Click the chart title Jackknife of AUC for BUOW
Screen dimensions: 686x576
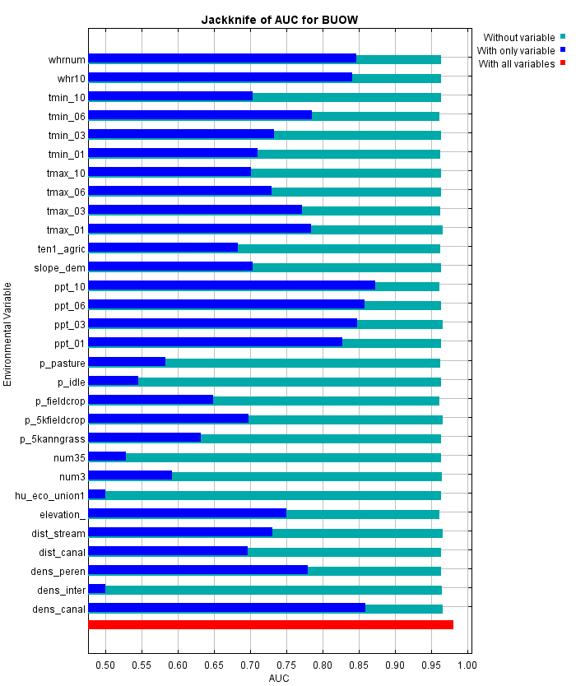(x=280, y=19)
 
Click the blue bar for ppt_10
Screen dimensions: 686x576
(x=231, y=285)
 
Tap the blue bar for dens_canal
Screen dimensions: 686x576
(x=226, y=608)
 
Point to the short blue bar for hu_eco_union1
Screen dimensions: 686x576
(x=97, y=494)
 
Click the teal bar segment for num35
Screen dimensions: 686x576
(x=283, y=457)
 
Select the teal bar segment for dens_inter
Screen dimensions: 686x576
(x=273, y=589)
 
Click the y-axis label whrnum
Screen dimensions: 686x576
(x=67, y=59)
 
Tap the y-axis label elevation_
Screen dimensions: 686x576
(x=62, y=514)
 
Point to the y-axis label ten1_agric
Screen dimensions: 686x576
(x=62, y=248)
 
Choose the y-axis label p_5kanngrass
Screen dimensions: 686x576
(x=53, y=438)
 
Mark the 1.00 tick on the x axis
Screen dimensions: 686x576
(x=467, y=665)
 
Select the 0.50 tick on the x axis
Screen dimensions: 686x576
(x=105, y=665)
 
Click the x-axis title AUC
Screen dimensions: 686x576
(x=279, y=679)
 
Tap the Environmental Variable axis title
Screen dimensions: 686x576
(x=8, y=333)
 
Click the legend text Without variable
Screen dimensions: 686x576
(x=518, y=37)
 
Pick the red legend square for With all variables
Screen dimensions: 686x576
(x=563, y=63)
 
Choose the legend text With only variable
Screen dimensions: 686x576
(x=517, y=50)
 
